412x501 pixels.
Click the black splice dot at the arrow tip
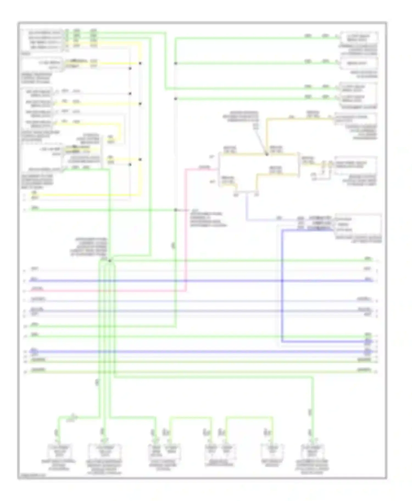point(266,155)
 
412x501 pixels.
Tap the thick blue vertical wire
point(282,285)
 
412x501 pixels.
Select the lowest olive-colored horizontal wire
point(192,372)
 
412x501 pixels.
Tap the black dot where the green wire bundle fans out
point(110,261)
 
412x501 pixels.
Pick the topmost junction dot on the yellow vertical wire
point(140,63)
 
